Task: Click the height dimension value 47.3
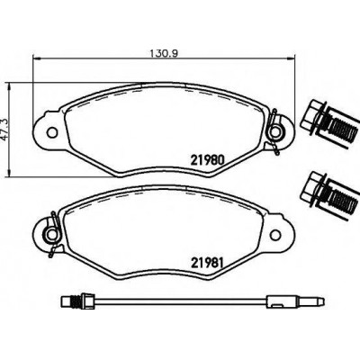[x=4, y=129]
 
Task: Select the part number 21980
[x=207, y=160]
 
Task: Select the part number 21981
[x=207, y=263]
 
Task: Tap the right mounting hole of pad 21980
[x=275, y=131]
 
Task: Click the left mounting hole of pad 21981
[x=52, y=234]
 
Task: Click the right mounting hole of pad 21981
[x=274, y=235]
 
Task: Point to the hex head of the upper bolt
[x=312, y=116]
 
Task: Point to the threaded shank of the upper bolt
[x=343, y=129]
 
